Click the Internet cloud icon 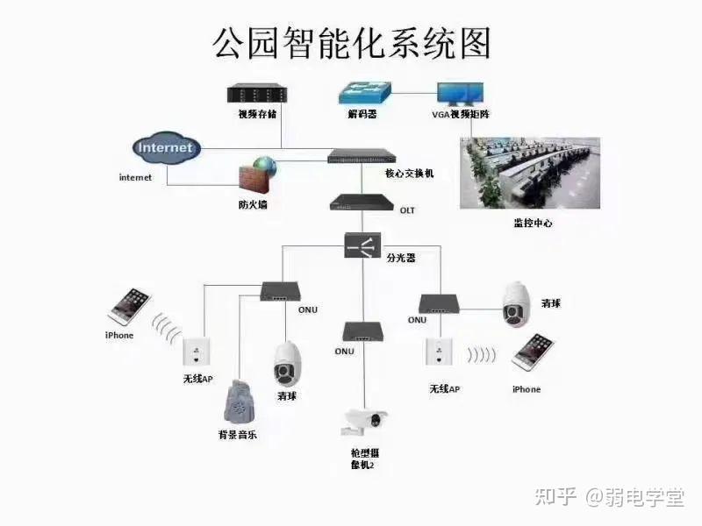(x=167, y=147)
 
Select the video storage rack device (x=257, y=94)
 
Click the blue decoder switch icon (x=365, y=93)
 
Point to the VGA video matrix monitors (x=460, y=94)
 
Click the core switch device (x=362, y=156)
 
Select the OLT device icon (x=362, y=203)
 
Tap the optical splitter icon (x=362, y=245)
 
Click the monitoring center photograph (x=530, y=173)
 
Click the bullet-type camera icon (x=364, y=422)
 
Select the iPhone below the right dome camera (x=533, y=353)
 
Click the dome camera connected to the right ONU (x=517, y=304)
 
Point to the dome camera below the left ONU (x=287, y=365)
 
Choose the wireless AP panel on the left (x=196, y=352)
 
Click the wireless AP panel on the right (x=440, y=352)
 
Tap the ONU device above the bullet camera (x=362, y=331)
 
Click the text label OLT (x=407, y=210)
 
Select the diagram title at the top (x=352, y=43)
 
